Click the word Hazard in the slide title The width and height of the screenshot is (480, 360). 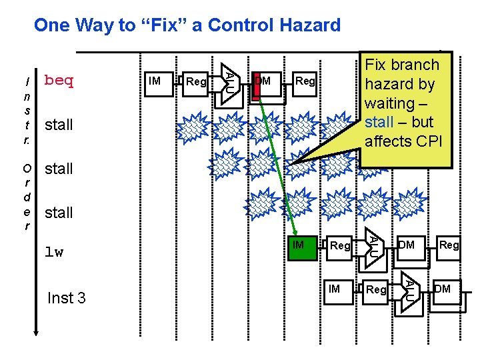tap(307, 25)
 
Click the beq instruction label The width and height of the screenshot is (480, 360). tap(59, 81)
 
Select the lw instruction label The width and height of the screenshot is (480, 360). tap(54, 253)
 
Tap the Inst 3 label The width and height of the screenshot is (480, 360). tap(67, 297)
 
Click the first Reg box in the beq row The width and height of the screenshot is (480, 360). tap(196, 82)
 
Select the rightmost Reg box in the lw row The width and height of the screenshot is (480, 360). tap(449, 246)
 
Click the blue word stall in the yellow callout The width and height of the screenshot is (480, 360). tap(379, 123)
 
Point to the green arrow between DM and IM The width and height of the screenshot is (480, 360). tap(275, 166)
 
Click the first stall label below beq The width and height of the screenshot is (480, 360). tap(59, 125)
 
